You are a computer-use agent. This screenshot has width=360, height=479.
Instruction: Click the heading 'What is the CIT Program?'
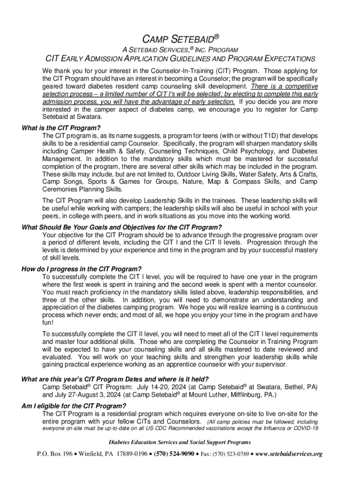click(61, 128)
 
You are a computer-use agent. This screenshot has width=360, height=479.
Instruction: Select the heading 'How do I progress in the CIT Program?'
click(81, 269)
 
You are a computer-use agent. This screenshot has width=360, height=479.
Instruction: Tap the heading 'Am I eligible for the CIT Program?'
click(74, 406)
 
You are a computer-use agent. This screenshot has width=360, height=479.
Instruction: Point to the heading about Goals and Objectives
click(122, 227)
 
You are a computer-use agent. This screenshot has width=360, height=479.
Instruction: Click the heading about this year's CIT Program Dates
click(115, 379)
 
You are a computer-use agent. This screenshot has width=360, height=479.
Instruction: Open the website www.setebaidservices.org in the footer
click(289, 454)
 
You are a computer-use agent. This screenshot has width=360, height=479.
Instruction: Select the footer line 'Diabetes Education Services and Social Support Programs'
click(180, 442)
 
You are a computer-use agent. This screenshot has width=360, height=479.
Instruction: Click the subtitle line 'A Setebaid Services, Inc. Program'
click(180, 50)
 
